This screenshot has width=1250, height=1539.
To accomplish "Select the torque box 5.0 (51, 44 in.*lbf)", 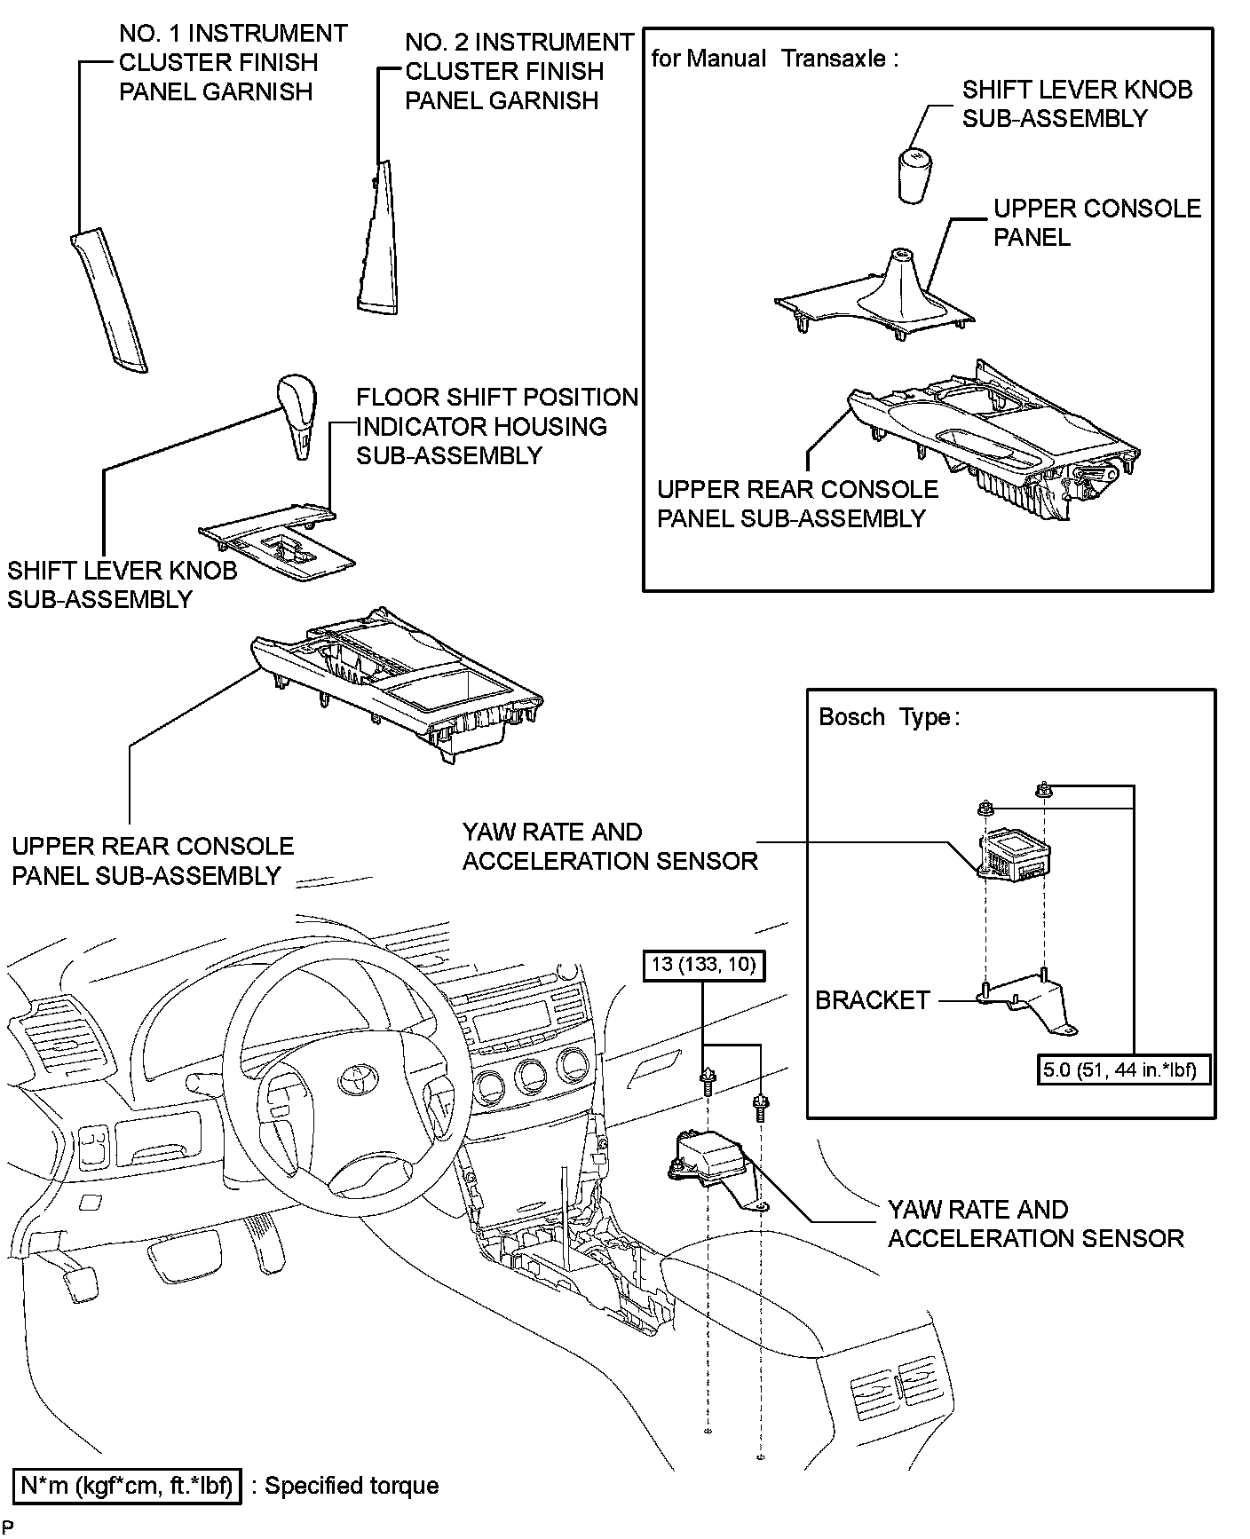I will point(1119,1069).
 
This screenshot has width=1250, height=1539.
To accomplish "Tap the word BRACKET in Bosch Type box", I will point(872,1000).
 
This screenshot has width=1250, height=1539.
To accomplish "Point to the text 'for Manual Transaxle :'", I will point(774,59).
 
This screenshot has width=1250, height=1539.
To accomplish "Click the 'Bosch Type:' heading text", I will point(889,717).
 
